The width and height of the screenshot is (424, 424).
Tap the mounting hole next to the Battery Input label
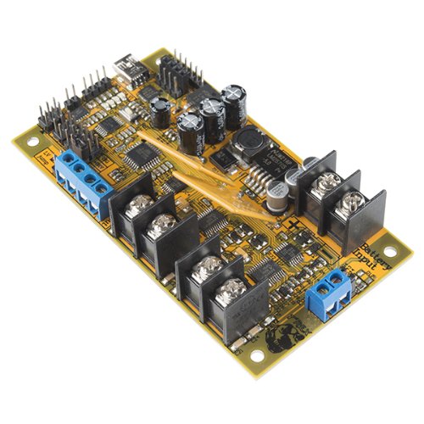pos(391,252)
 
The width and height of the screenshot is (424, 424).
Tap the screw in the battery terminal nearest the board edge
pos(353,201)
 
